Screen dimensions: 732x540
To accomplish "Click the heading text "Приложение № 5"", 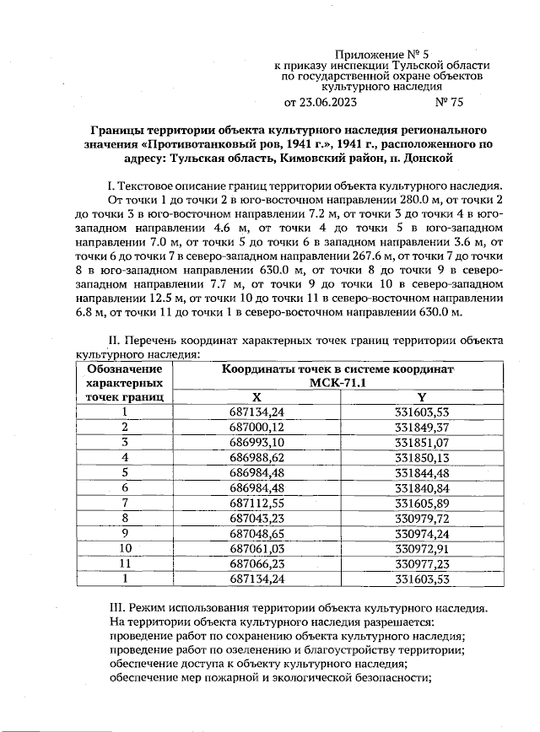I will coord(382,53).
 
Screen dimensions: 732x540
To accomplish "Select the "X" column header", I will coord(256,396).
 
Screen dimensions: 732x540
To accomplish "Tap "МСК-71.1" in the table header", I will coord(338,383).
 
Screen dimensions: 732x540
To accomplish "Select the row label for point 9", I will coord(124,533).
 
